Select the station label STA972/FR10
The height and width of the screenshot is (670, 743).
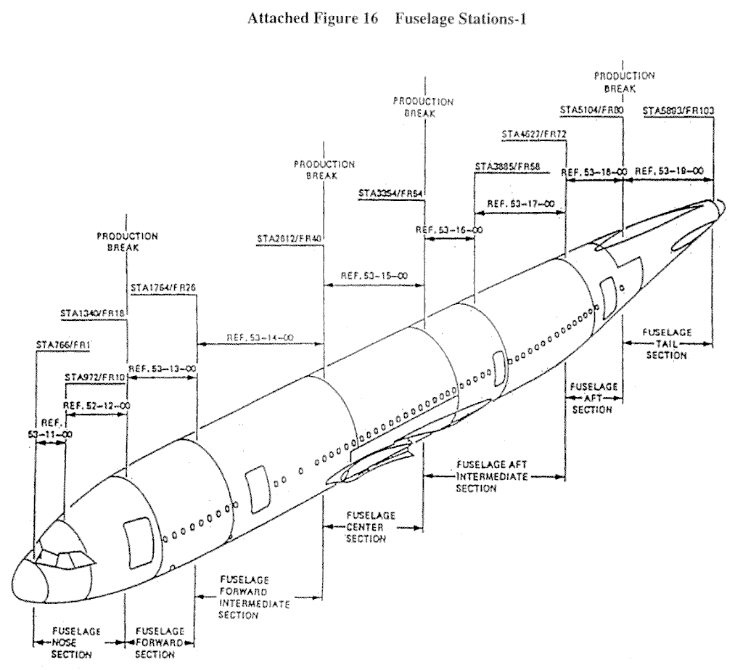pos(95,377)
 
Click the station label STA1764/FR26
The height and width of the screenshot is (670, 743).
pos(164,287)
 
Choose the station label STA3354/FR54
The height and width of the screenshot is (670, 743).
pos(391,193)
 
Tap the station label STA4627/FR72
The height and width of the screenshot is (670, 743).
pos(533,134)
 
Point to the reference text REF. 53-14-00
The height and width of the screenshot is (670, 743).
pos(260,338)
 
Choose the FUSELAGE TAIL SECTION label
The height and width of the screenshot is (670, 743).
pos(665,343)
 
